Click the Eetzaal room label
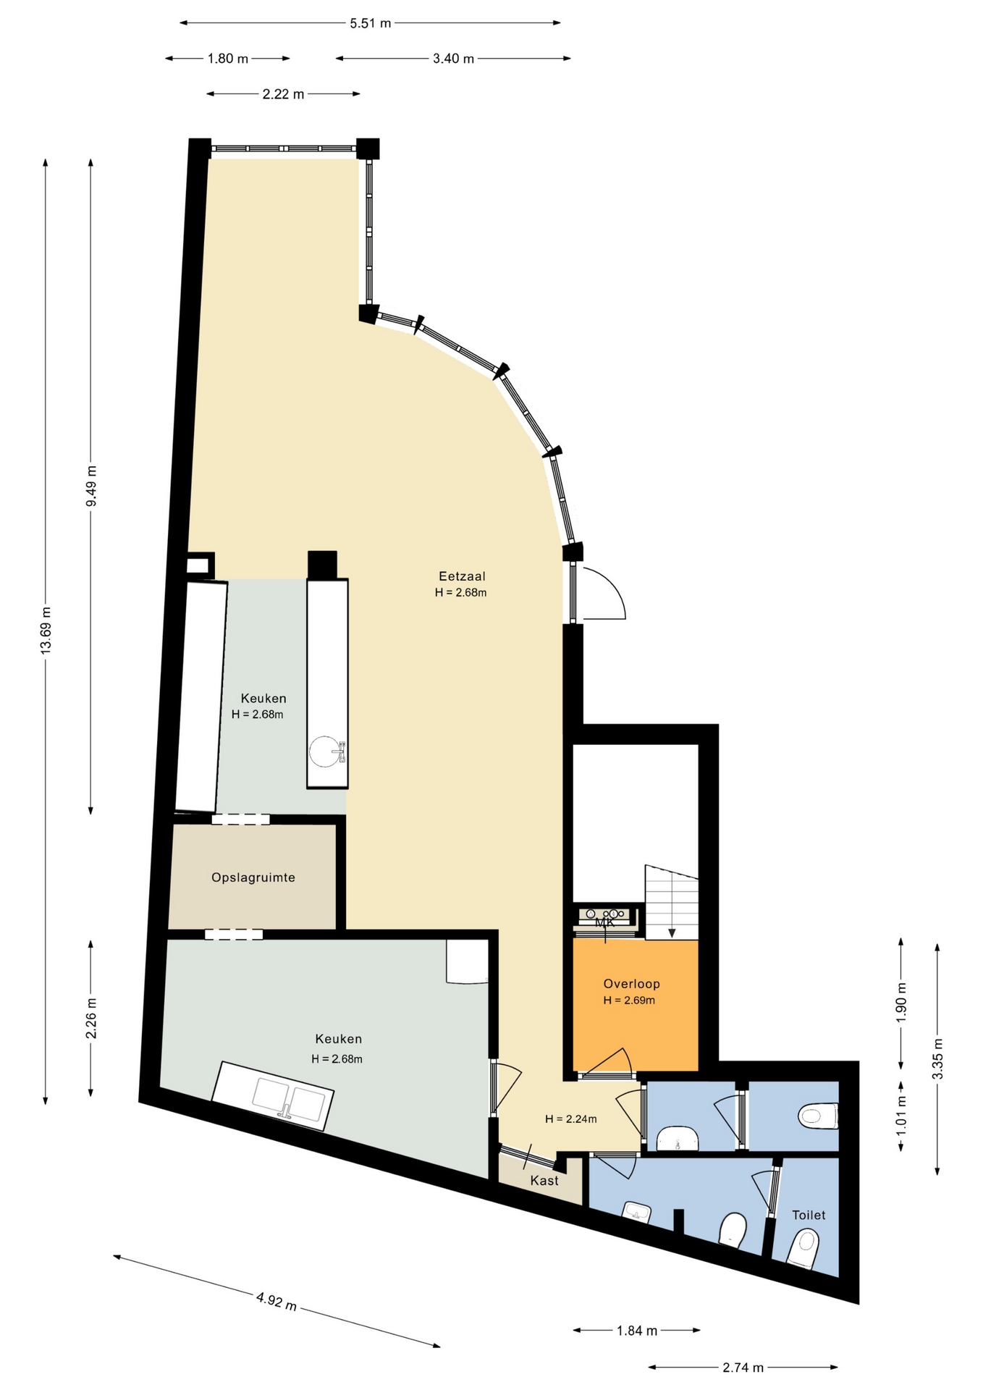click(x=462, y=576)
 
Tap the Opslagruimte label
click(x=253, y=877)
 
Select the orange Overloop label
click(x=631, y=984)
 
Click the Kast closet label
click(x=544, y=1181)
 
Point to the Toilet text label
click(x=809, y=1215)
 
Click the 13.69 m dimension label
click(x=46, y=630)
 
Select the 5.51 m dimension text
click(x=371, y=23)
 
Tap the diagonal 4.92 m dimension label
click(x=277, y=1301)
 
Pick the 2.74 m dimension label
click(x=743, y=1367)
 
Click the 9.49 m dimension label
click(x=91, y=486)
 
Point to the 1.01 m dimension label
click(x=901, y=1116)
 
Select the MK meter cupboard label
click(x=604, y=923)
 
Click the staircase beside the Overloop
click(x=672, y=902)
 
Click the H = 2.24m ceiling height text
click(x=571, y=1119)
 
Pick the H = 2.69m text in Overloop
click(x=629, y=1001)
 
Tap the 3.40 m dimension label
click(x=454, y=59)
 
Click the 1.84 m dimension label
click(x=637, y=1330)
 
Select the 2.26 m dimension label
click(x=91, y=1018)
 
